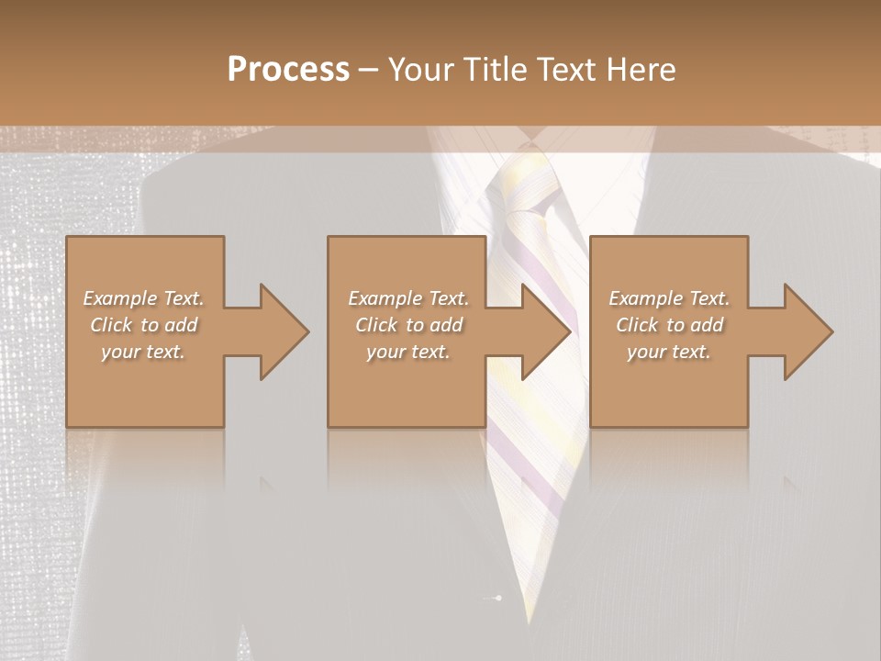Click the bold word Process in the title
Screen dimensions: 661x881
coord(288,70)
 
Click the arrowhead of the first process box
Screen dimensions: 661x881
coord(284,331)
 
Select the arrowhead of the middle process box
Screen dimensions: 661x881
coord(546,331)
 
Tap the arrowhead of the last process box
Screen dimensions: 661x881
coord(809,331)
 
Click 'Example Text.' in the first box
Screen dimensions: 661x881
coord(143,298)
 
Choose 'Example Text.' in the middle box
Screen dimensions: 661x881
coord(408,298)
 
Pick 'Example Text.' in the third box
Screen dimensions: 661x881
coord(669,298)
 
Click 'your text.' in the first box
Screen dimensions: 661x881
coord(143,352)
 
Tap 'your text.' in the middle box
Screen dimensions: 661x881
coord(408,352)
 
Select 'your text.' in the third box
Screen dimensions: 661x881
coord(669,352)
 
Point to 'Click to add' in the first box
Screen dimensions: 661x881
coord(143,325)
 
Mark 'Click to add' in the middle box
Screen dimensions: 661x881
coord(408,325)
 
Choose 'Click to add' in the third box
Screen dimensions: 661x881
coord(669,325)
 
